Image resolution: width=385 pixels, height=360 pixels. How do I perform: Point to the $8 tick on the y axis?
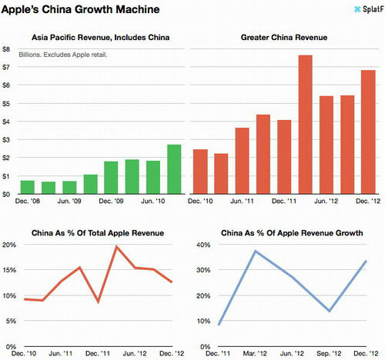click(7, 49)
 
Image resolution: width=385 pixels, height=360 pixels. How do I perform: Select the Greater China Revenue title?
click(284, 37)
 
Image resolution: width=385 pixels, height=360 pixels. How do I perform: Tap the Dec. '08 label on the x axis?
click(25, 202)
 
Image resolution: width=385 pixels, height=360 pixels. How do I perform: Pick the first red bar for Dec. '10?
click(199, 171)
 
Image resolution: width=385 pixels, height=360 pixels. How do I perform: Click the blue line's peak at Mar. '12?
click(255, 251)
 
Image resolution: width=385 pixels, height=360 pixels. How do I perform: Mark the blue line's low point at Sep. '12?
click(330, 311)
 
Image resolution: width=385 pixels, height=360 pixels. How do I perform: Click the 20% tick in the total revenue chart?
click(9, 245)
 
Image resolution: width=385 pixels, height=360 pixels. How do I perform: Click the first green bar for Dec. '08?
click(27, 187)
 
